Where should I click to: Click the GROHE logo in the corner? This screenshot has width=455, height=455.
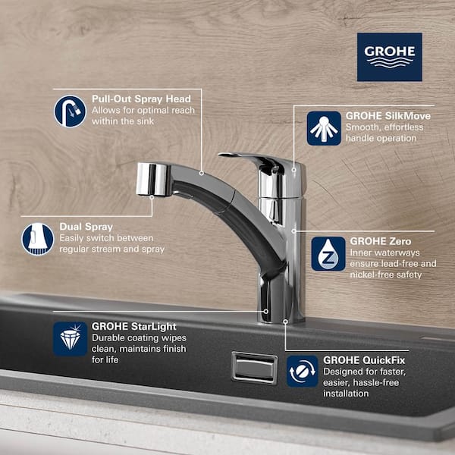tap(389, 57)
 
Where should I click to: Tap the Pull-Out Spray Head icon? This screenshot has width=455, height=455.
tap(70, 111)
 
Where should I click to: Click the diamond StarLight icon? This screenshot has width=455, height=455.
tap(70, 338)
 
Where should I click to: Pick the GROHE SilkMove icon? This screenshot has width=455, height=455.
tap(324, 128)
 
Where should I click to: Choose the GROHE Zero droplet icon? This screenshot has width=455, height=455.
tap(328, 253)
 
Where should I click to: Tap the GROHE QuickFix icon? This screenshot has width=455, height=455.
tap(303, 371)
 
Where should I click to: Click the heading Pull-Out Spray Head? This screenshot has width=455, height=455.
tap(136, 99)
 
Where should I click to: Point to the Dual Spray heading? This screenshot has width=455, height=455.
tap(86, 225)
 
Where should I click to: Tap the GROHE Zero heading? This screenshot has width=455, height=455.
tap(375, 241)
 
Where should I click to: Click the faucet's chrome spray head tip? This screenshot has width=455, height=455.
tap(152, 179)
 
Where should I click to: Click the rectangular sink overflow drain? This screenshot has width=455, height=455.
tap(254, 368)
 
